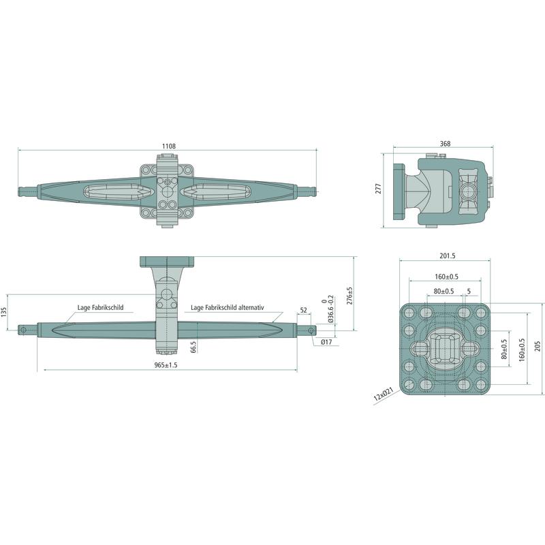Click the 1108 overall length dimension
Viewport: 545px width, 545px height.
pyautogui.click(x=169, y=146)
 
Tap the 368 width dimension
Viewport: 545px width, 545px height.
pyautogui.click(x=445, y=144)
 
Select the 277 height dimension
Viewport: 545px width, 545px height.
pyautogui.click(x=379, y=189)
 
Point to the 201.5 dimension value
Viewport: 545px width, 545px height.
pyautogui.click(x=448, y=256)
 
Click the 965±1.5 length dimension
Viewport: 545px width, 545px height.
pyautogui.click(x=166, y=365)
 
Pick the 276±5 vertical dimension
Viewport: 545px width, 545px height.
pyautogui.click(x=349, y=296)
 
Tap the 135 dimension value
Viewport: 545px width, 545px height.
pyautogui.click(x=4, y=312)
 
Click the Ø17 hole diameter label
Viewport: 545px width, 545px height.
pyautogui.click(x=326, y=342)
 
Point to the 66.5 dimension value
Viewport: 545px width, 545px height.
pyautogui.click(x=193, y=347)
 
